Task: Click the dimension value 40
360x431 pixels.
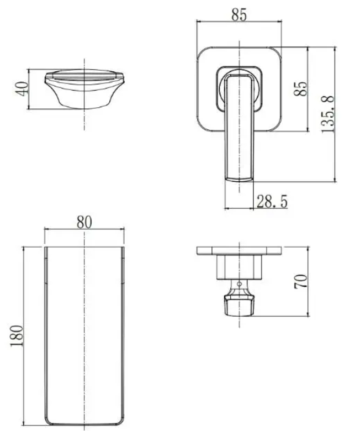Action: tap(22, 88)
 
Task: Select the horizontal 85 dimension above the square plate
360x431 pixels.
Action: tap(239, 15)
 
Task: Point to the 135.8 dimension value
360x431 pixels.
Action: tap(327, 114)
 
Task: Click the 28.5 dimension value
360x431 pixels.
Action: tap(272, 202)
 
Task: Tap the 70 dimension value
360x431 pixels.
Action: tap(301, 281)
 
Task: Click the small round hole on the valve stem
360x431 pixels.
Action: tap(239, 283)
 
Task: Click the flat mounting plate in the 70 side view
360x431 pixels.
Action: tap(239, 250)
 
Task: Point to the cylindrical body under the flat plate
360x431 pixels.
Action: tap(239, 266)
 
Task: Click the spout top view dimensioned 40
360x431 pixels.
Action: tap(84, 88)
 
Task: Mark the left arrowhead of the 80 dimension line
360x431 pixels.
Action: tap(46, 229)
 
